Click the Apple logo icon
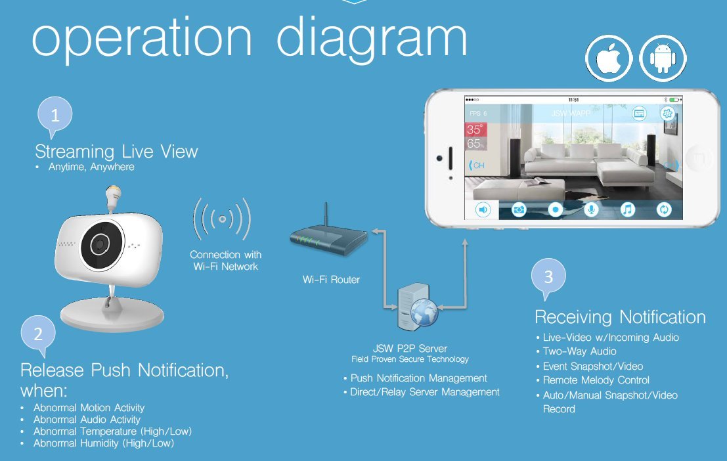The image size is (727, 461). [609, 58]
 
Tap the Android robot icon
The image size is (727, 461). [663, 58]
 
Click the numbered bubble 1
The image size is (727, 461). [55, 115]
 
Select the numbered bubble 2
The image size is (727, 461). [38, 334]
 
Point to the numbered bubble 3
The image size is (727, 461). [548, 277]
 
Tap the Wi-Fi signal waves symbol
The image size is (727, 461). [222, 219]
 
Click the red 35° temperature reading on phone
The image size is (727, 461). [475, 129]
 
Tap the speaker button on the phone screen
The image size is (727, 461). [483, 209]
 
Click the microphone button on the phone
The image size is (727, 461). [591, 209]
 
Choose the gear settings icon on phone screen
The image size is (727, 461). [668, 113]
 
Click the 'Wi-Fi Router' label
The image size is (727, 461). [331, 280]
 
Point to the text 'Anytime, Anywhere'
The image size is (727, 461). [91, 167]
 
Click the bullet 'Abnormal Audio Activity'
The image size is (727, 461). [87, 420]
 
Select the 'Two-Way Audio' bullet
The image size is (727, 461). [579, 351]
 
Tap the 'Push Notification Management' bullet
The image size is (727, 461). [419, 378]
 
